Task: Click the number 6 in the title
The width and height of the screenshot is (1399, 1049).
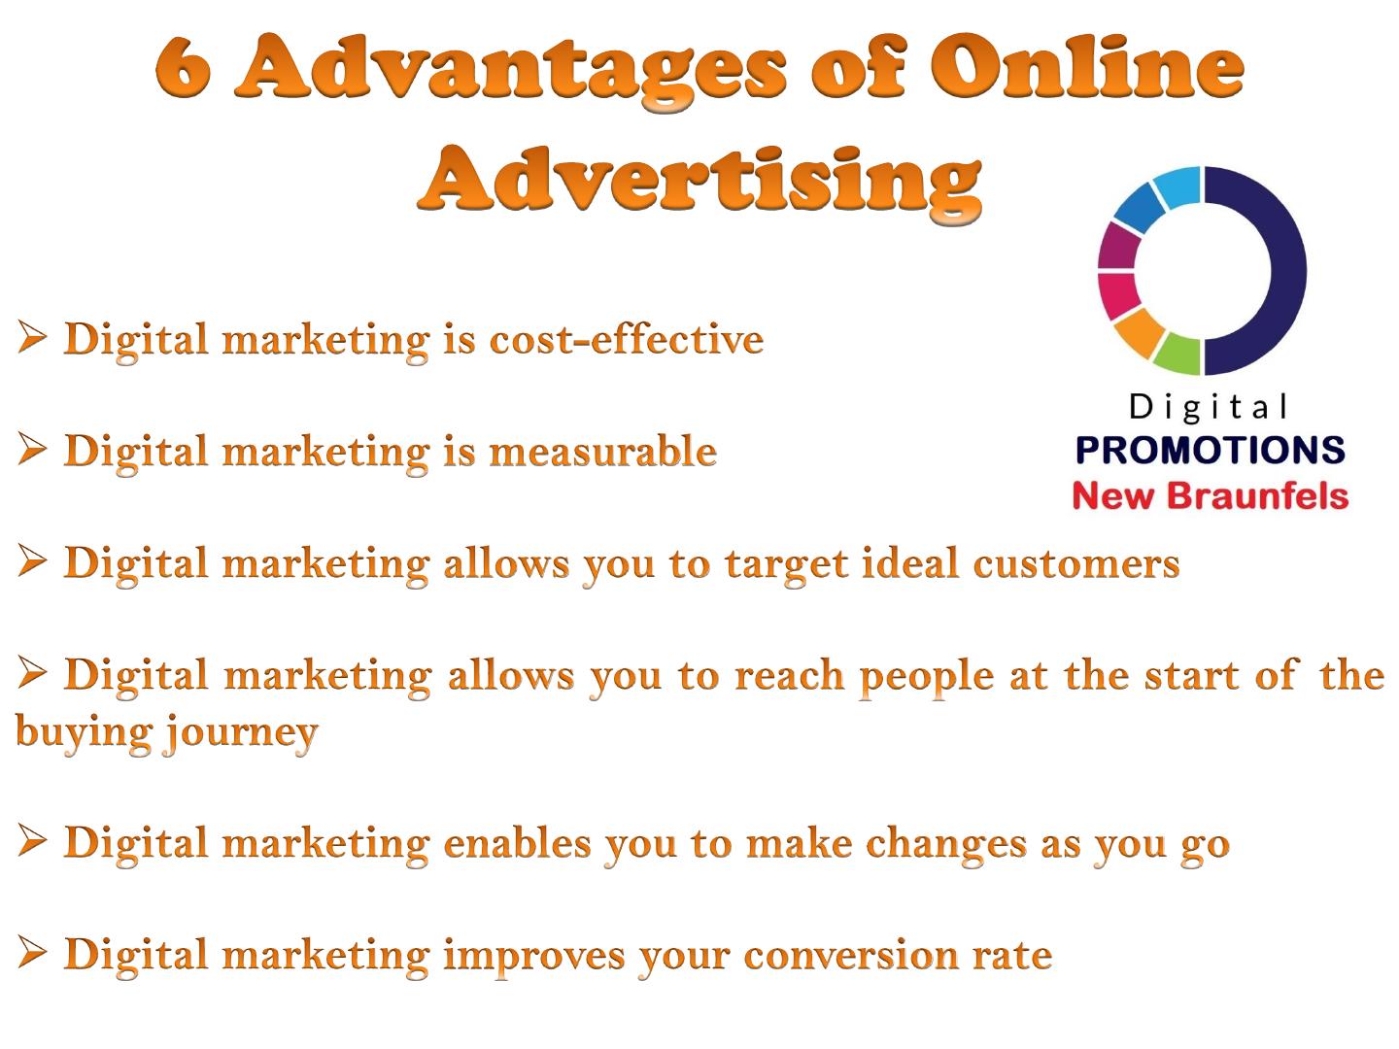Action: coord(183,67)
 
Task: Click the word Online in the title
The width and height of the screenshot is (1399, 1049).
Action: coord(1086,67)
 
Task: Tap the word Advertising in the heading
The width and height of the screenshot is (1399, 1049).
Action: coord(699,181)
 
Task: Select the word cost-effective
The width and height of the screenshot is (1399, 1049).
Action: coord(626,339)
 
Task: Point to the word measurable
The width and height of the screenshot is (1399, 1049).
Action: coord(603,451)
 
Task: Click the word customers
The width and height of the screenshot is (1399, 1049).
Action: coord(1076,563)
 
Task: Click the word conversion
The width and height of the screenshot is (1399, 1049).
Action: coord(851,956)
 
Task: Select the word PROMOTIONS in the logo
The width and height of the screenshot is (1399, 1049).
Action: coord(1211,451)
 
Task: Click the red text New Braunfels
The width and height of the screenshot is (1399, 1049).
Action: coord(1211,495)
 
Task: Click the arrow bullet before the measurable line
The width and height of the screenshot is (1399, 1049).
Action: coord(32,449)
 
